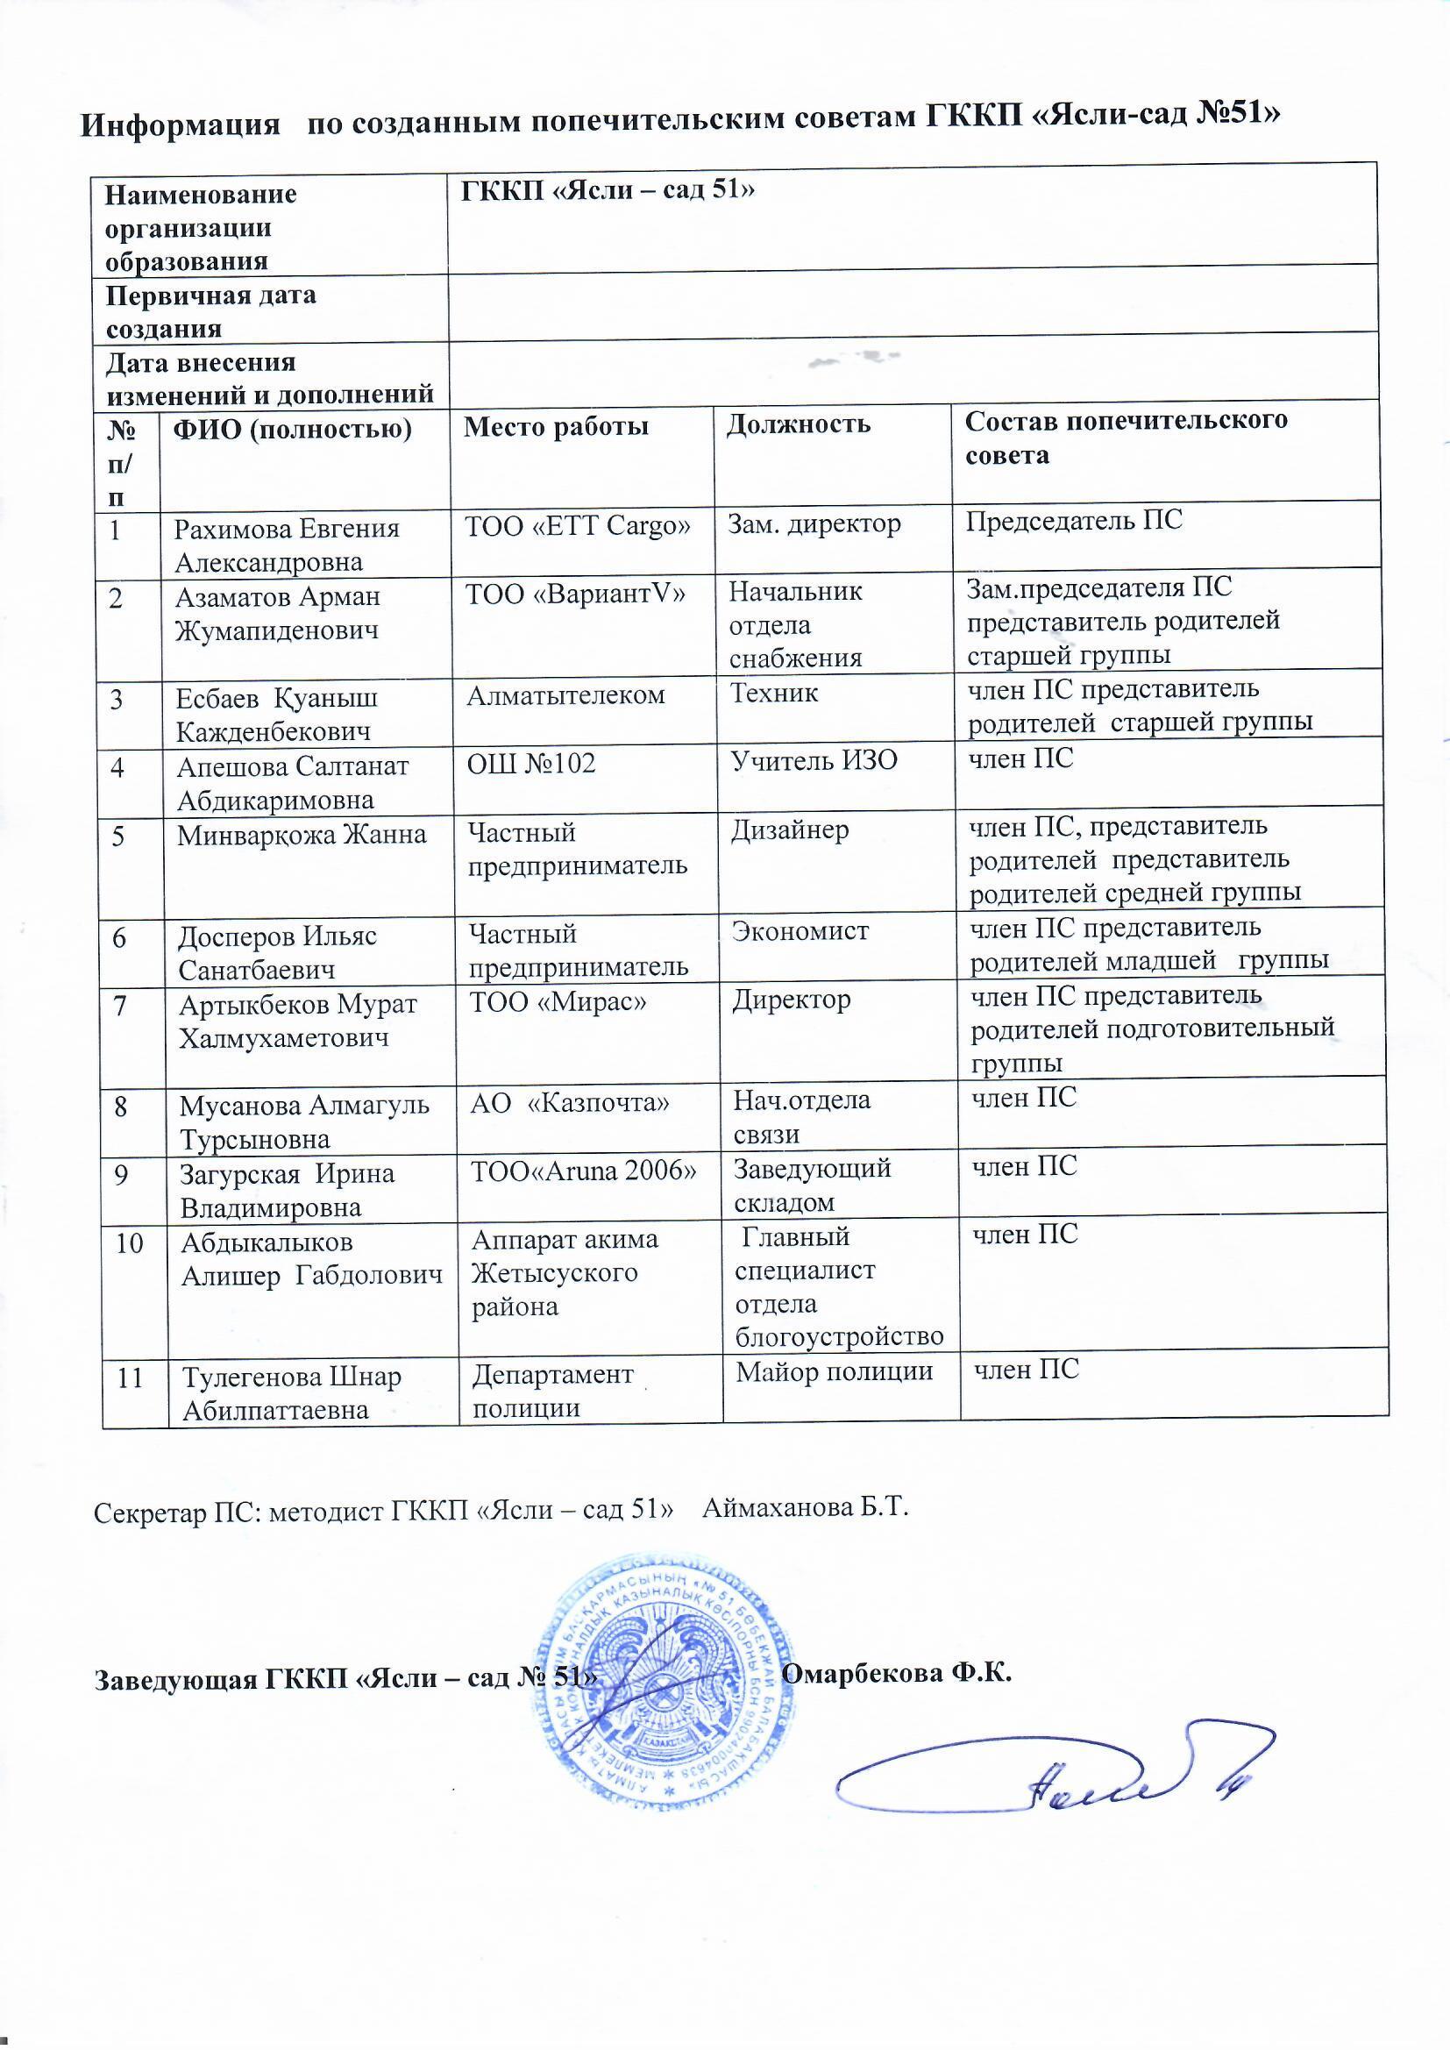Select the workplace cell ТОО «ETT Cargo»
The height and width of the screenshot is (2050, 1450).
pos(578,526)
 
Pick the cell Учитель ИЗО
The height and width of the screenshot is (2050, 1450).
pos(814,761)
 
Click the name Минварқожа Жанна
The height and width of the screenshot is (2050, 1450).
pos(302,836)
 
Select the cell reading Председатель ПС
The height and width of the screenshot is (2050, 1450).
pos(1073,521)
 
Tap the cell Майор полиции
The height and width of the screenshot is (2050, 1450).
pos(834,1371)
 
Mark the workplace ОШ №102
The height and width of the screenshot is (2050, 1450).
pos(532,764)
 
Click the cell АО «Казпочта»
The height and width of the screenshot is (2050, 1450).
pos(570,1104)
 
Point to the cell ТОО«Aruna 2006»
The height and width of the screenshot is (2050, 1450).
pos(583,1171)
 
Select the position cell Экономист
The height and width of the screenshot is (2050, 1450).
pos(800,931)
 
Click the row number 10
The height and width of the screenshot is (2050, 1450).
pos(130,1242)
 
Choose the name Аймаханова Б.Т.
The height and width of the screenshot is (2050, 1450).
pos(806,1509)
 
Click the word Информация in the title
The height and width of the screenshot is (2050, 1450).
pos(181,123)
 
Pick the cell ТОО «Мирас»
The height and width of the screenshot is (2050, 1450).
pos(558,1002)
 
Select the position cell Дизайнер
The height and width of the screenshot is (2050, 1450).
pos(790,830)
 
